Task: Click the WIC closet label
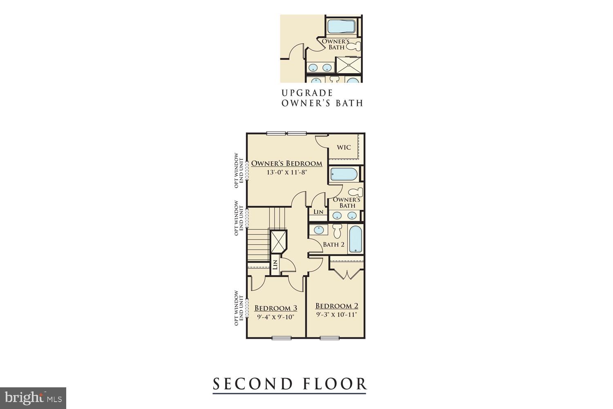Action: (344, 147)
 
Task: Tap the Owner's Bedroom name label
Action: (286, 164)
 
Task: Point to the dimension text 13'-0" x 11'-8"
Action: (286, 173)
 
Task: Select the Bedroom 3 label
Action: (275, 308)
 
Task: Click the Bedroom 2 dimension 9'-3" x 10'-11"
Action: (336, 315)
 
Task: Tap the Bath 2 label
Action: (333, 245)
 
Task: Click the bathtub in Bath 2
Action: (356, 239)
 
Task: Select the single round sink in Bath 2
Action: (318, 230)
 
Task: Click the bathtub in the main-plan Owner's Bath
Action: (344, 174)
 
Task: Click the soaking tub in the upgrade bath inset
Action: (342, 26)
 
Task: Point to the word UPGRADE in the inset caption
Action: (307, 93)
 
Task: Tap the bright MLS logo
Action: (33, 398)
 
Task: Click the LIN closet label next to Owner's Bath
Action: (318, 212)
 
